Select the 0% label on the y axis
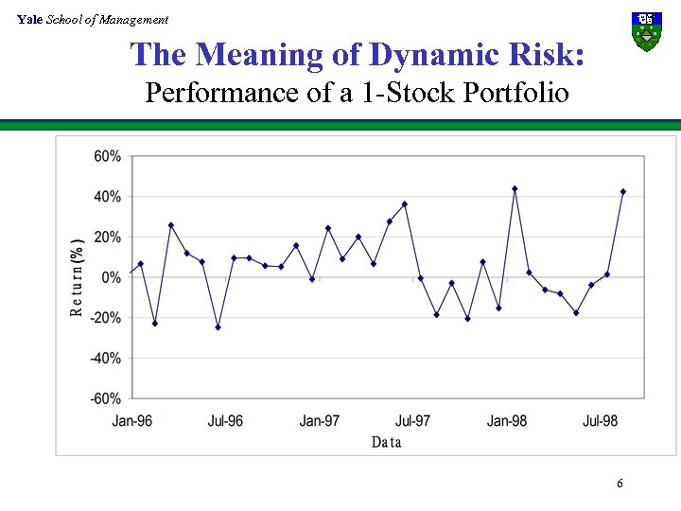pyautogui.click(x=112, y=277)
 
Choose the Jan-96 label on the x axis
pyautogui.click(x=132, y=420)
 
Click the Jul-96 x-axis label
pyautogui.click(x=225, y=420)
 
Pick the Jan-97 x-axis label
pyautogui.click(x=320, y=420)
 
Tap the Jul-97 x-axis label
pyautogui.click(x=413, y=420)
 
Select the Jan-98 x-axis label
pyautogui.click(x=507, y=420)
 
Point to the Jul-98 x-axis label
pyautogui.click(x=601, y=420)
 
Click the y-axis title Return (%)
pyautogui.click(x=77, y=276)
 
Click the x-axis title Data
pyautogui.click(x=387, y=442)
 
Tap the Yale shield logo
pyautogui.click(x=646, y=31)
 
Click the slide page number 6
pyautogui.click(x=620, y=485)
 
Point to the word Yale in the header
pyautogui.click(x=30, y=20)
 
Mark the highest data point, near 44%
pyautogui.click(x=515, y=188)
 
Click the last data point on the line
pyautogui.click(x=623, y=191)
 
